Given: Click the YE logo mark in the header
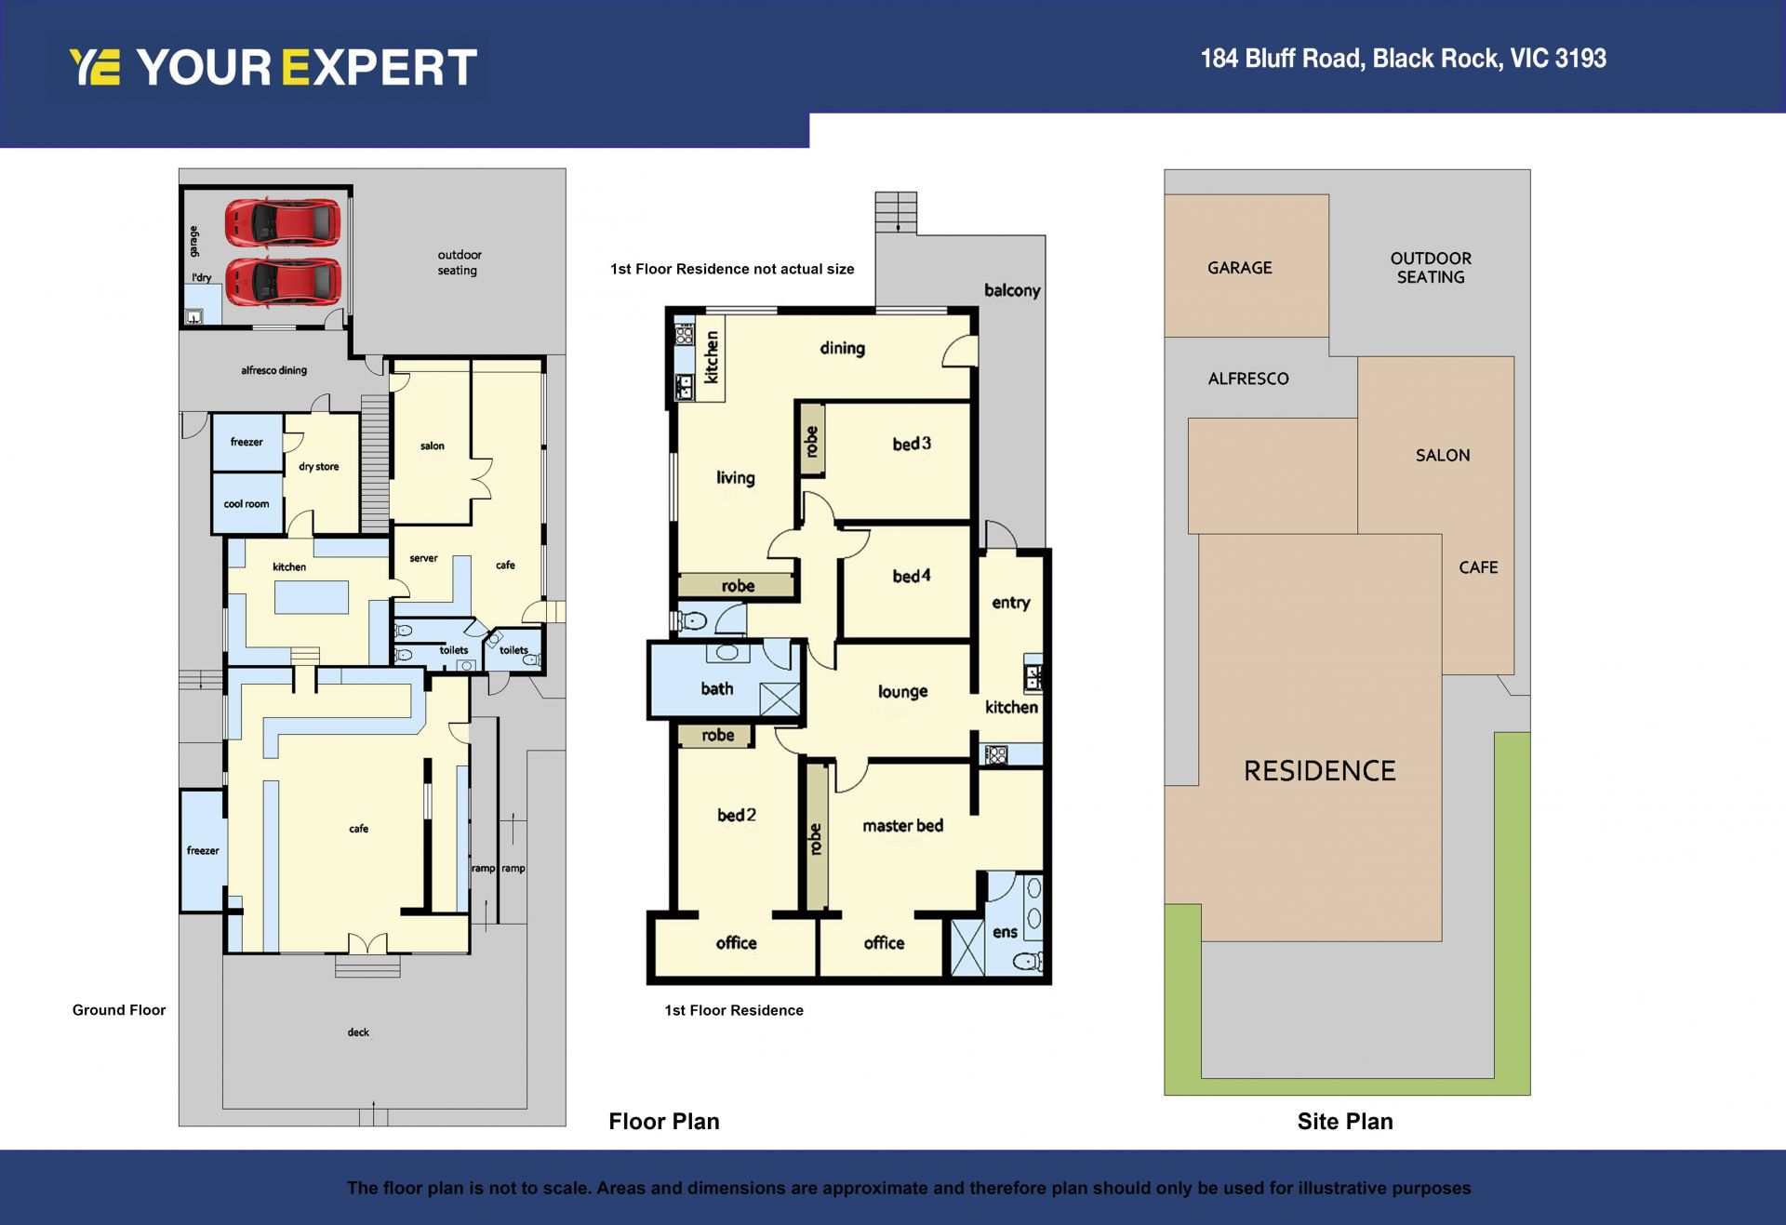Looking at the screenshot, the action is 95,67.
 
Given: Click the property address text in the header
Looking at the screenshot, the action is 1403,59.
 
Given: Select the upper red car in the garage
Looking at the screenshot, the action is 282,222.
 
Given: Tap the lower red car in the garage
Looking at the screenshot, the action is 282,281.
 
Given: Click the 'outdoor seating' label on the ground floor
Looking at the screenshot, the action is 459,262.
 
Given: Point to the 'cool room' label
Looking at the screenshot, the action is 247,504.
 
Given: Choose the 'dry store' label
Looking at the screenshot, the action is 318,467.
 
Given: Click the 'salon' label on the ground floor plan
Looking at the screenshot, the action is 432,446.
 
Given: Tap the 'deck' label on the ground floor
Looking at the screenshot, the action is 358,1032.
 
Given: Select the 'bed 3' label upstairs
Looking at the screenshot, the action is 912,444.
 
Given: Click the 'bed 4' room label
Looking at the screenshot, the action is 912,576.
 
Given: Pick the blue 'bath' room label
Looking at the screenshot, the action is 716,688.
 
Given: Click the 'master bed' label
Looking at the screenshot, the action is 902,825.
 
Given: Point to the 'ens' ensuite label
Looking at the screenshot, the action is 1005,932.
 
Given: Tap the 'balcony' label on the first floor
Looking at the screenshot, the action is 1012,290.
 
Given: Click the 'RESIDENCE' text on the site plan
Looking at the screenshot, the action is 1320,770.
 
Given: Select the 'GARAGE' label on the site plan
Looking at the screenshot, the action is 1239,268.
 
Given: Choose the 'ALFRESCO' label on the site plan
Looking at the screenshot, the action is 1248,379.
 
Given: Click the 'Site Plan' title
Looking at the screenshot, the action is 1345,1122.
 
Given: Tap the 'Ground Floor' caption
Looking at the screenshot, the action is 119,1010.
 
